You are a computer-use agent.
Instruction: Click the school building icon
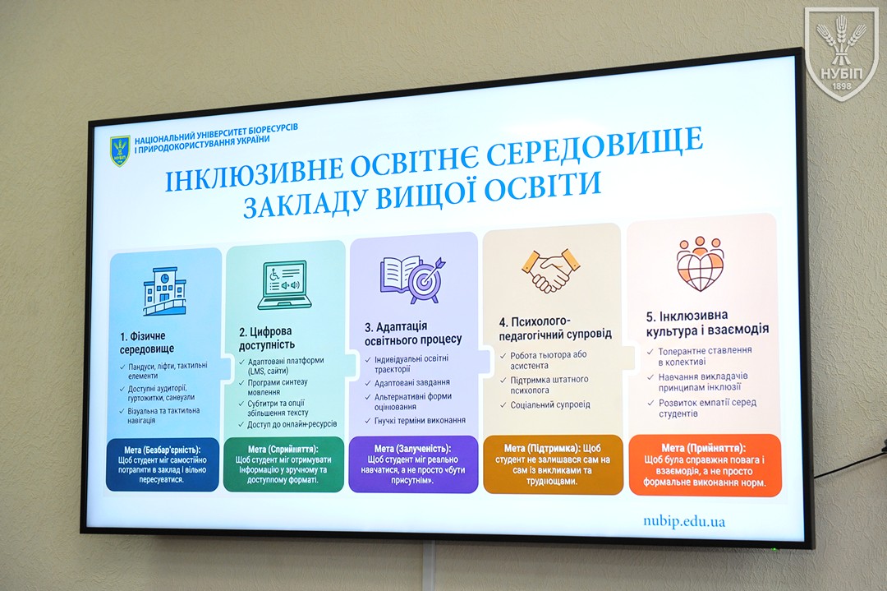point(164,291)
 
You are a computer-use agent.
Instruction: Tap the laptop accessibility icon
point(282,285)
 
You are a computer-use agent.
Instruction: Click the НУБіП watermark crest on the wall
point(841,53)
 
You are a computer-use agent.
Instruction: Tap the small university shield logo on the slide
point(120,151)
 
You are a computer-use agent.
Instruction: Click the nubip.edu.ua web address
point(684,521)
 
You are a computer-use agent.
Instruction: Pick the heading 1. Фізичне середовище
point(147,342)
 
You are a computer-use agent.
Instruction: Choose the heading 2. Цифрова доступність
point(266,337)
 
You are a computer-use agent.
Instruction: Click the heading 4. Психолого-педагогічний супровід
point(555,328)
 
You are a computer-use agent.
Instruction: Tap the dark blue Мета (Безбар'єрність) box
point(163,464)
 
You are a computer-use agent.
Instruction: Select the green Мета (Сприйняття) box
point(283,464)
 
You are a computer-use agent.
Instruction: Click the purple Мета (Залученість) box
point(413,464)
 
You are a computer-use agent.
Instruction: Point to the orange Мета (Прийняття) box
point(705,464)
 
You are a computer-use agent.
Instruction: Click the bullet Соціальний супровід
point(549,404)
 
